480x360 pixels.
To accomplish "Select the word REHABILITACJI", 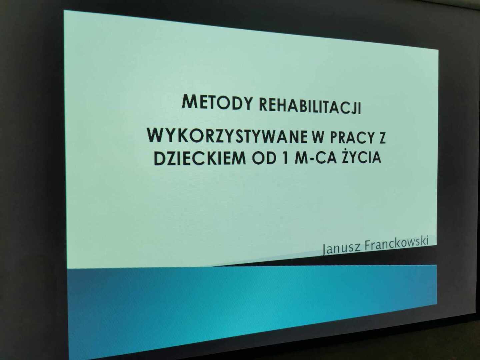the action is (x=310, y=107).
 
